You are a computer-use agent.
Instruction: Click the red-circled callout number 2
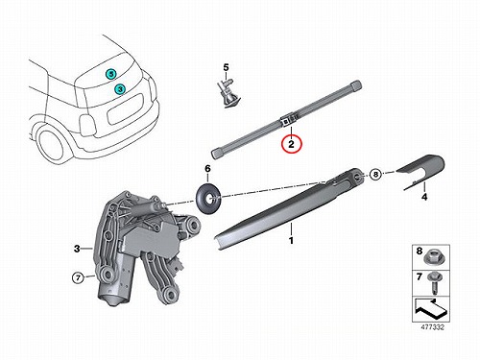coord(291,144)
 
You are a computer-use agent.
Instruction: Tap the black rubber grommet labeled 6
coord(208,199)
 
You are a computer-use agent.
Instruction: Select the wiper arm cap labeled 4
coord(422,171)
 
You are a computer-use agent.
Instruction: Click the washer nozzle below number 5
coord(228,93)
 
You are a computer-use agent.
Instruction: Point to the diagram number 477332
coord(431,327)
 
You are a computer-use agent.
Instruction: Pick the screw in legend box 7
coord(435,282)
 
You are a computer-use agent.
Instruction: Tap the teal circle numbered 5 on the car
coord(110,74)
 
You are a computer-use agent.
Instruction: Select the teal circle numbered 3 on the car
coord(120,89)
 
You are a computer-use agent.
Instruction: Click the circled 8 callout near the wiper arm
coord(375,174)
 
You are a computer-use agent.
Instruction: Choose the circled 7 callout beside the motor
coord(78,277)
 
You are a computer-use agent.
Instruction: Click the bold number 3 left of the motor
coord(77,249)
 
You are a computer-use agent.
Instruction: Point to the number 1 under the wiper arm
coord(291,240)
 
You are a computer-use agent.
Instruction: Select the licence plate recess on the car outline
coord(126,108)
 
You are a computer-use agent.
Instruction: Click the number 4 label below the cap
coord(424,197)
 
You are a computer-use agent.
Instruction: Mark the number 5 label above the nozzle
coord(227,68)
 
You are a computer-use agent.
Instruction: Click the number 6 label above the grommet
coord(207,169)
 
